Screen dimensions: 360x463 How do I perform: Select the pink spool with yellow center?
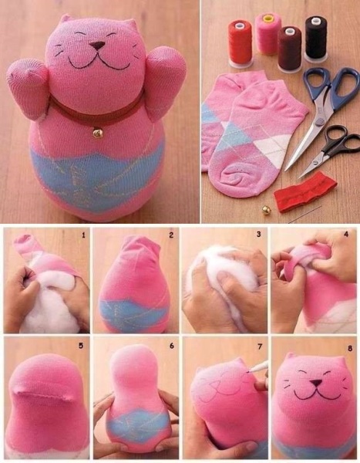(267, 33)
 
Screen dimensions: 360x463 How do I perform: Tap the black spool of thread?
(315, 38)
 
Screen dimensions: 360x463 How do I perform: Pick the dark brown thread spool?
(290, 49)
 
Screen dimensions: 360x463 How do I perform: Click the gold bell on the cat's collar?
(98, 133)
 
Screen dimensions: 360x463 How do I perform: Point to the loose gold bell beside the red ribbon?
(267, 210)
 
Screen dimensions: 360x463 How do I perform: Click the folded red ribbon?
(304, 192)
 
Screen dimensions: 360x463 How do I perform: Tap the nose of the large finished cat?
(98, 46)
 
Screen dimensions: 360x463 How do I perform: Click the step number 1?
(83, 235)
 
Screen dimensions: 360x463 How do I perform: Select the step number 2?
(171, 235)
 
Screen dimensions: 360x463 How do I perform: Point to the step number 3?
(259, 235)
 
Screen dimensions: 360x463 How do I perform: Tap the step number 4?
(346, 234)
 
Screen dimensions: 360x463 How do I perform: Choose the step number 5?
(81, 346)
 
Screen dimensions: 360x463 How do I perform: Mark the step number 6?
(172, 346)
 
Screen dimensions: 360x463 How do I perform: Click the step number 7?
(260, 346)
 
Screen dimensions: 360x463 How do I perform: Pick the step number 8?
(350, 349)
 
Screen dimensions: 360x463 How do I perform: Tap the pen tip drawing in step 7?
(248, 373)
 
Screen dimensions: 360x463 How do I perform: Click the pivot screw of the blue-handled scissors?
(318, 121)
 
